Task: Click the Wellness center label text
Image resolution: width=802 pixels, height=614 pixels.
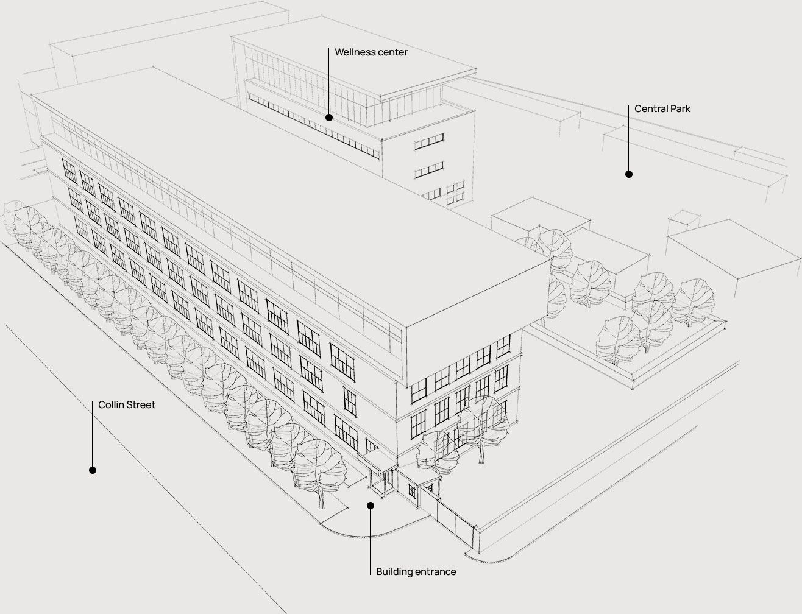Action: (x=371, y=52)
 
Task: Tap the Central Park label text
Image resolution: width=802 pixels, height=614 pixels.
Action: (x=662, y=109)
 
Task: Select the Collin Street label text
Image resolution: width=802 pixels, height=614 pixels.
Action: (x=127, y=405)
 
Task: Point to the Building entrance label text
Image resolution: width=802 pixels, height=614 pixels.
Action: (x=416, y=572)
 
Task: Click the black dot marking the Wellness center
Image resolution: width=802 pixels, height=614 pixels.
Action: (x=329, y=118)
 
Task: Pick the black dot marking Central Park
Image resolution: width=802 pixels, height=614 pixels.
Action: (x=629, y=174)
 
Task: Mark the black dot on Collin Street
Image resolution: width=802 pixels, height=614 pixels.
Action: (x=93, y=470)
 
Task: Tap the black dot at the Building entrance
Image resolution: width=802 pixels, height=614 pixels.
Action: (x=371, y=505)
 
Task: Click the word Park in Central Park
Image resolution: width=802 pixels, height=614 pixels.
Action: (x=680, y=109)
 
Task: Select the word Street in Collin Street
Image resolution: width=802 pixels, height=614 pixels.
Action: (x=141, y=405)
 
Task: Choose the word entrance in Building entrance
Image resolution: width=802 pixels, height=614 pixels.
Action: (x=435, y=572)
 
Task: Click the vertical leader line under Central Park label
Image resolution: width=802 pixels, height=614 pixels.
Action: (x=628, y=140)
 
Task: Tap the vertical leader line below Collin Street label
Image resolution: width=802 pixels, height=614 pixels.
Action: (x=92, y=436)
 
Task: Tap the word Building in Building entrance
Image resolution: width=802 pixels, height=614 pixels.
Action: (x=394, y=572)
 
